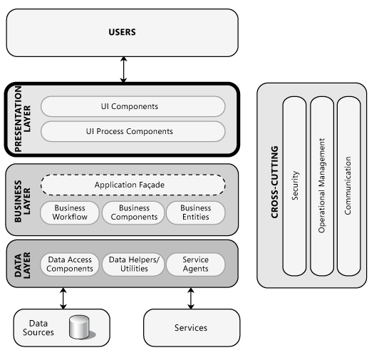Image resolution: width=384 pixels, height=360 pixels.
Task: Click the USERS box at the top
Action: point(122,33)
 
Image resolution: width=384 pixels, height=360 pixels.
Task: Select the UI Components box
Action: point(133,107)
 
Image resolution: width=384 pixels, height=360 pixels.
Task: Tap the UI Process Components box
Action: point(133,131)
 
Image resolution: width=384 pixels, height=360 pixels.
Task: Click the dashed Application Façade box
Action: point(133,185)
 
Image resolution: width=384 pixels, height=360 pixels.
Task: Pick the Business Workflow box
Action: point(70,212)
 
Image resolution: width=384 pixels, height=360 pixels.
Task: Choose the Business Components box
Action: point(134,212)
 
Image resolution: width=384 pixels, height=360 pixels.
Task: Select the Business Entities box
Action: point(195,212)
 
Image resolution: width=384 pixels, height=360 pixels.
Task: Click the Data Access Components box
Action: point(70,264)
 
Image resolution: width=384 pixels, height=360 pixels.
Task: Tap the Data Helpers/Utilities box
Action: point(134,264)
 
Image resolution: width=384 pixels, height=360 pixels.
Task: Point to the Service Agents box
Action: point(195,264)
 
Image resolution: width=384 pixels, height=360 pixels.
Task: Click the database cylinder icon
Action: point(81,327)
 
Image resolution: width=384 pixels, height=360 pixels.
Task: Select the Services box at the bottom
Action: point(190,328)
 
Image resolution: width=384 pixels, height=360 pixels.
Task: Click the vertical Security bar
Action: point(295,186)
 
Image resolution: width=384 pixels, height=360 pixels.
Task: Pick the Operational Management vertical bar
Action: point(321,186)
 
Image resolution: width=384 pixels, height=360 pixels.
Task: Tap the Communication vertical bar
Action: point(348,186)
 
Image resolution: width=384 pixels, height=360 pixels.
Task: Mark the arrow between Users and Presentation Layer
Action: point(124,69)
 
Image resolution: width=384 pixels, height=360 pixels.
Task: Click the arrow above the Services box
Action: point(190,298)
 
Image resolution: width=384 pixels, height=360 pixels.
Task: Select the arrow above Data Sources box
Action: point(63,298)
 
